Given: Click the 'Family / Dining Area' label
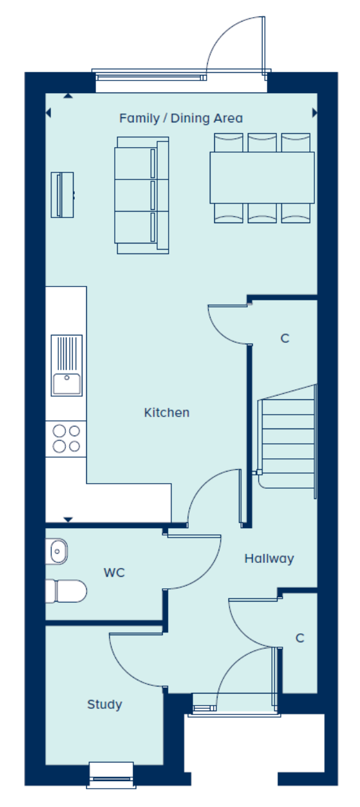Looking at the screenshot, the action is coord(181,118).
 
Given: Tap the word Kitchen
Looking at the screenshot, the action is coord(167,413).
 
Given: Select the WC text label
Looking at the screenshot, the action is coord(114,572).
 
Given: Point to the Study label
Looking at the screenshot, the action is coord(105,704).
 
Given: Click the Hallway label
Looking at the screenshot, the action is coord(269,558).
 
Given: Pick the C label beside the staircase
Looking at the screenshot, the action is coord(285,339).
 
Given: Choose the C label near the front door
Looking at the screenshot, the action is coord(300,638).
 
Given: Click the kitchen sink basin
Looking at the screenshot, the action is coord(67,384).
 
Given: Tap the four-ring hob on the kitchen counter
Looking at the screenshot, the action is coord(67,439).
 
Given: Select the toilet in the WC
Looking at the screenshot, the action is coord(66,591).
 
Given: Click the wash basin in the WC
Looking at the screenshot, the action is coord(56,552).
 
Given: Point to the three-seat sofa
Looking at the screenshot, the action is coord(142,195).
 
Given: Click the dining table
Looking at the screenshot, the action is coord(262,178).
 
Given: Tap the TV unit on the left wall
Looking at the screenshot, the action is coord(62,195).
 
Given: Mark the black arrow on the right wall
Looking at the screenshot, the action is coord(314,113).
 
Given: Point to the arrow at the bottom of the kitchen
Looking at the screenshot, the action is coord(68,519).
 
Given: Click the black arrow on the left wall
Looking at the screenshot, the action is coord(48,113).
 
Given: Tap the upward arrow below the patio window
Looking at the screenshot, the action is coord(68,96).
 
